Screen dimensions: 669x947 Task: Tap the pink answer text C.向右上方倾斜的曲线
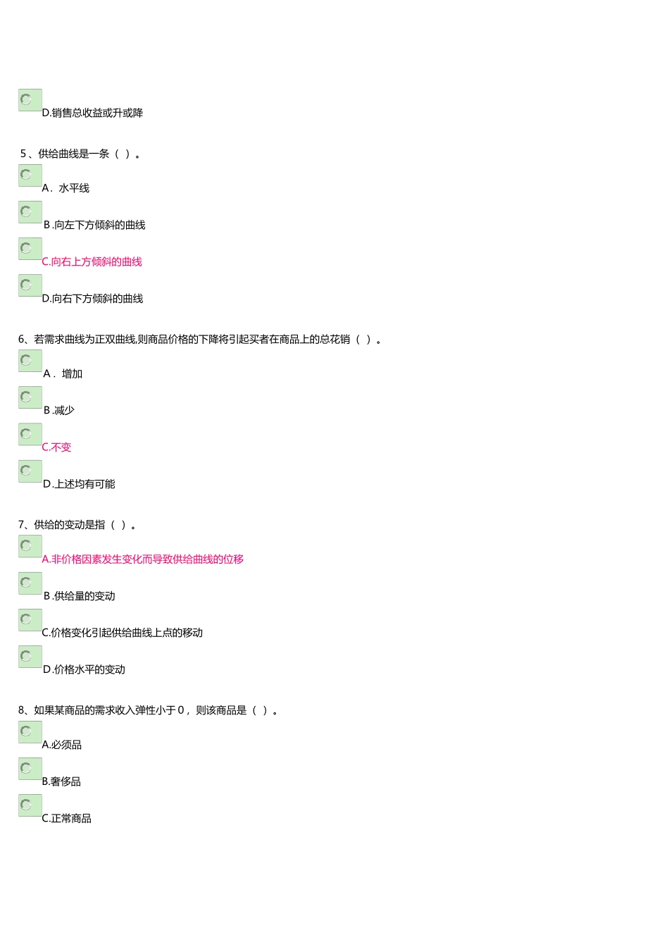click(x=92, y=262)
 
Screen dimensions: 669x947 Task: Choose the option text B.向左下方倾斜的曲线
click(x=94, y=225)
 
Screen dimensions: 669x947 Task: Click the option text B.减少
click(x=59, y=411)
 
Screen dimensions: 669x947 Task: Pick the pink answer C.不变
click(x=56, y=447)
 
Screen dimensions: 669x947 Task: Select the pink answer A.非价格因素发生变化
click(x=142, y=559)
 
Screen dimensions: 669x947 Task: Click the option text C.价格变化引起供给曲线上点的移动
click(x=123, y=633)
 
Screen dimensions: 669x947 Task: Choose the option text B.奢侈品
click(x=61, y=781)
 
